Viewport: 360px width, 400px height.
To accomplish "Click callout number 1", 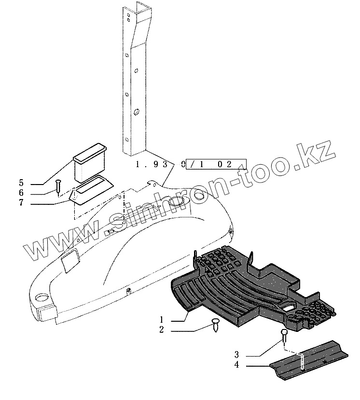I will [162, 319].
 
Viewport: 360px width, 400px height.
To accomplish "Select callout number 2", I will [162, 330].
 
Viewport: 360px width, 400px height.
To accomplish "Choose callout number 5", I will [21, 183].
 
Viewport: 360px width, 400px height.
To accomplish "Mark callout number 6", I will [21, 193].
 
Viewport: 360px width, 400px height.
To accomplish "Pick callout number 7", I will [21, 203].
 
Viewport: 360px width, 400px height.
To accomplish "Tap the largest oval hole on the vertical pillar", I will [137, 113].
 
